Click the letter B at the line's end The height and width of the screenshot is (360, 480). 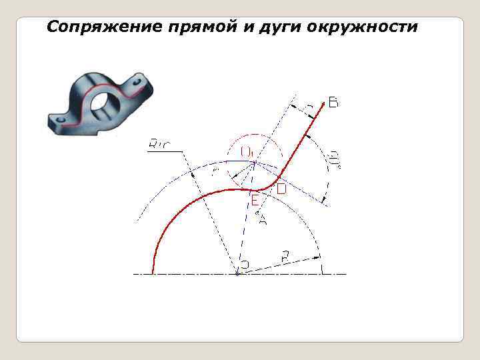(333, 103)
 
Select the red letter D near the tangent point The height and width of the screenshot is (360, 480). (281, 189)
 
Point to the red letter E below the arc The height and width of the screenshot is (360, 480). (255, 199)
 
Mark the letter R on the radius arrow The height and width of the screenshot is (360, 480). (285, 255)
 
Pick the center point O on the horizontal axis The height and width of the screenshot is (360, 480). (237, 273)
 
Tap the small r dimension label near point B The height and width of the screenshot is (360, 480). (308, 107)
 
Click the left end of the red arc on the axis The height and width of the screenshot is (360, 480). (154, 273)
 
